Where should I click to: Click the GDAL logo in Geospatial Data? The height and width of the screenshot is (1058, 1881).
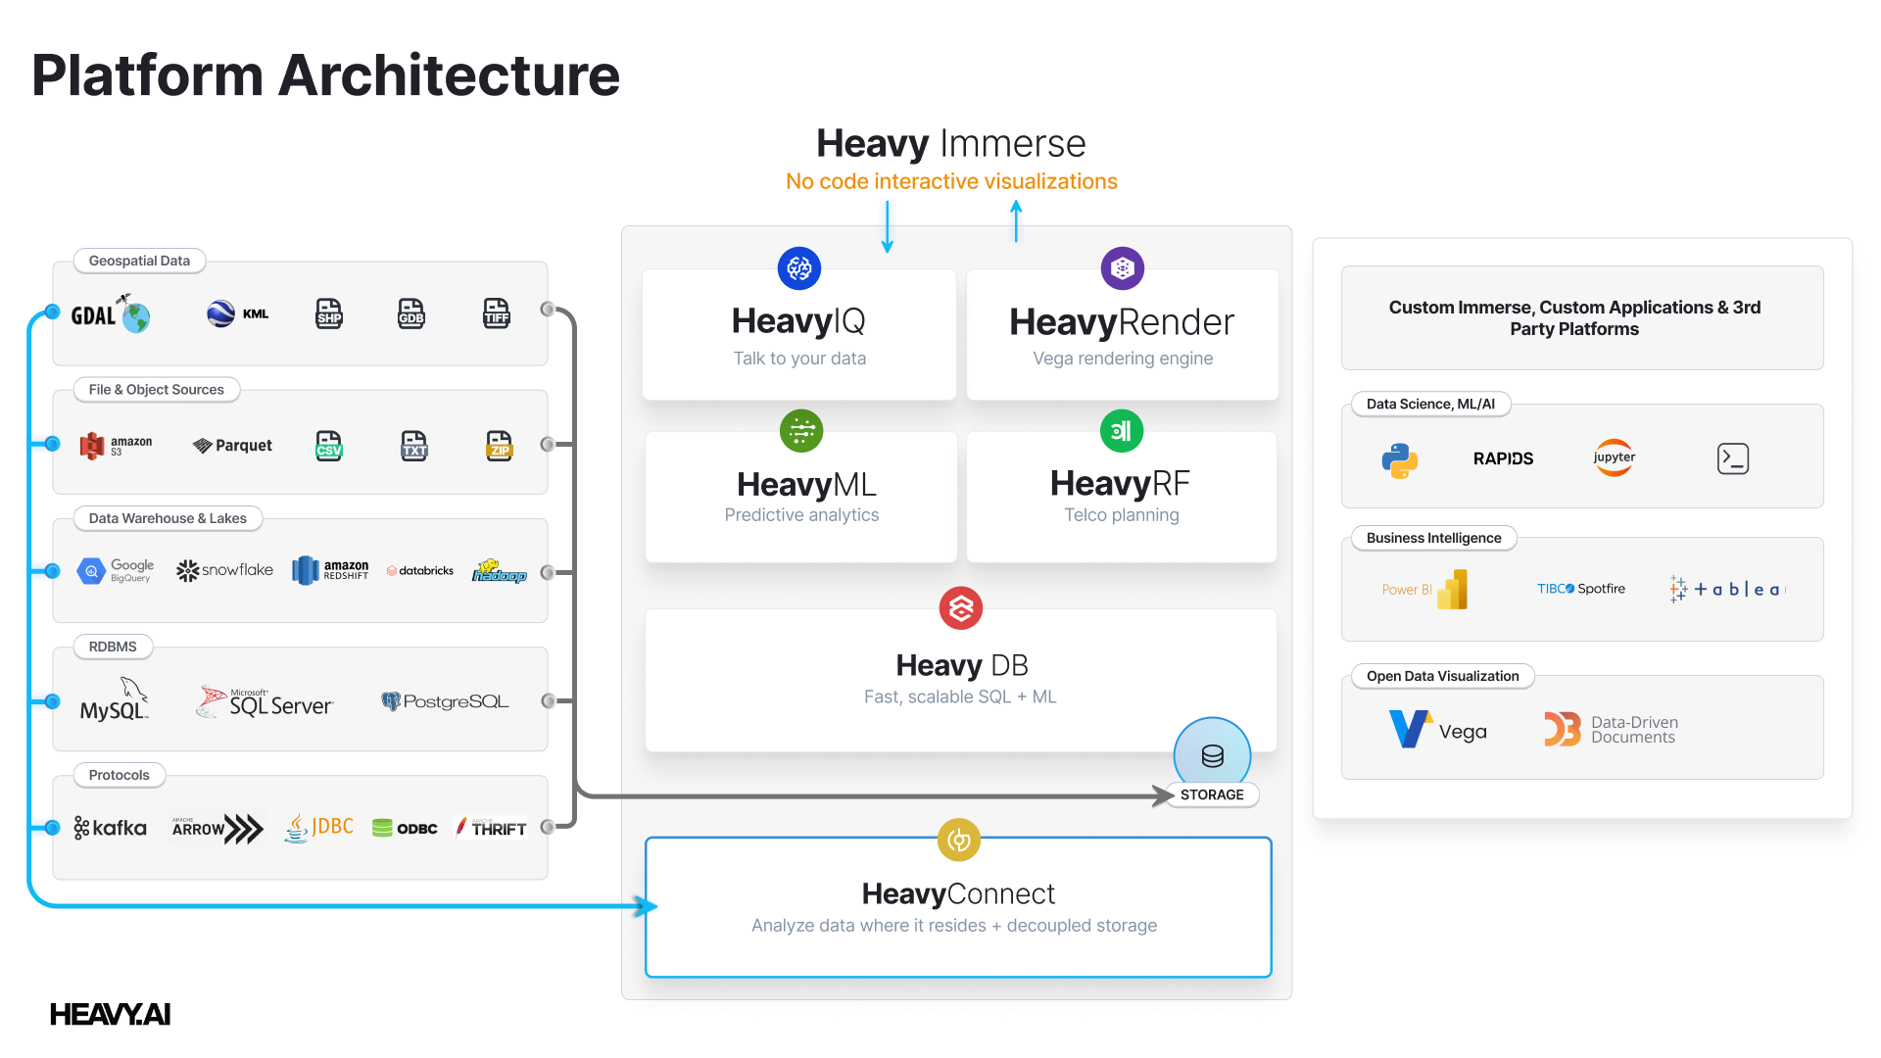click(110, 314)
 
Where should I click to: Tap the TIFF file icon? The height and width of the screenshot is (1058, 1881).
click(497, 313)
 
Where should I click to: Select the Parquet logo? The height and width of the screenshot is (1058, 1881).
click(232, 446)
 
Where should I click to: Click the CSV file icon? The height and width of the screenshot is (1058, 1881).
click(329, 446)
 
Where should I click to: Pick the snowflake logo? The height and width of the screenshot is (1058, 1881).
click(224, 570)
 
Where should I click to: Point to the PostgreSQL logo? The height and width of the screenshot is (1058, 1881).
click(445, 701)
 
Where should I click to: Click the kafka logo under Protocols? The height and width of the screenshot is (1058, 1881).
click(110, 828)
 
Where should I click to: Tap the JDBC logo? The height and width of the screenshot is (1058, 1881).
click(318, 828)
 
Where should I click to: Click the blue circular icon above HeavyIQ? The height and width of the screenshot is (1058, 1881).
click(799, 267)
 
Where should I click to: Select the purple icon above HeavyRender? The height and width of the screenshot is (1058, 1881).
click(1123, 267)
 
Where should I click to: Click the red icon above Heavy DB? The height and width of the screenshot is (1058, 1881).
click(961, 608)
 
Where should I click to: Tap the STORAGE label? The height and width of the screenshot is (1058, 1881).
click(1212, 794)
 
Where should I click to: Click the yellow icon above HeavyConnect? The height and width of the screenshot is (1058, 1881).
click(959, 840)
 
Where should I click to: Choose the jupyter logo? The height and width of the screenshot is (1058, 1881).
click(1614, 457)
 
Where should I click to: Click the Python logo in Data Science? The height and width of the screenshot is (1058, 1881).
click(1400, 459)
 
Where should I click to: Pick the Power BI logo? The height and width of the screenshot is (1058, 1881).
click(1425, 589)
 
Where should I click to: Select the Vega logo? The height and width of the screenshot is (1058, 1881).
click(1437, 730)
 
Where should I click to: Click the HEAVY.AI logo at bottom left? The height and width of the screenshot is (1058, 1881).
click(110, 1014)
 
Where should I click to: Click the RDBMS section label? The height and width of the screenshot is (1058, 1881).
click(113, 647)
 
